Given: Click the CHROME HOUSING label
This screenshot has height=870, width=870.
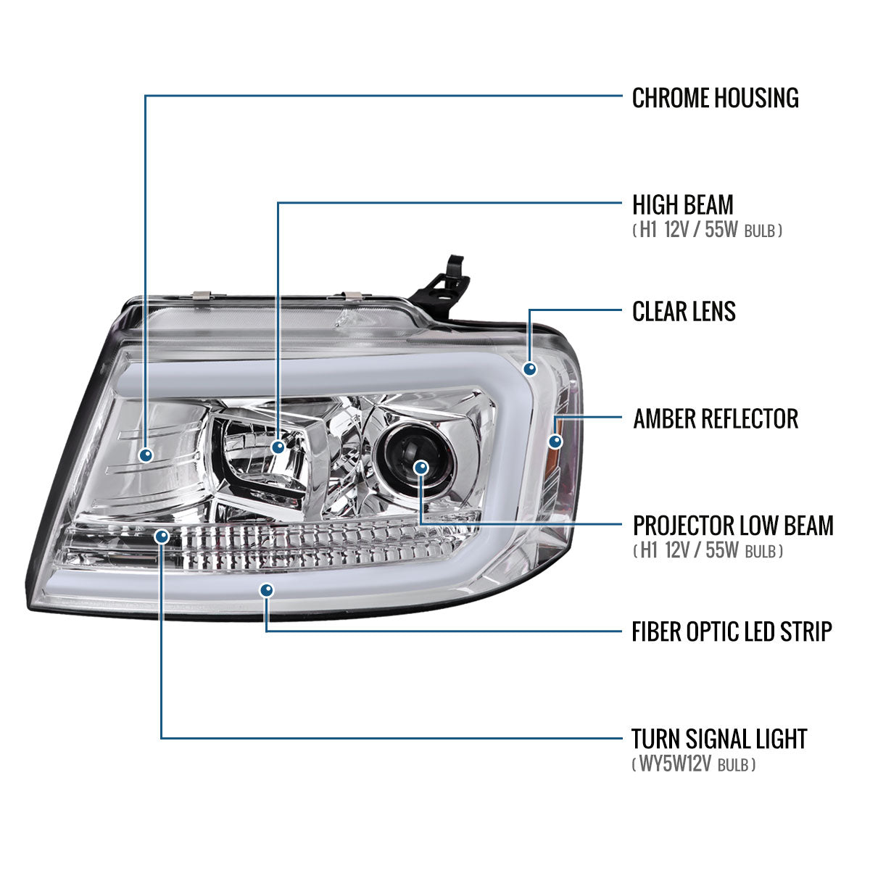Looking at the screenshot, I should coord(715,98).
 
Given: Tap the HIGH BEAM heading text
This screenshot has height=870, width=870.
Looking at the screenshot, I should coord(682,204).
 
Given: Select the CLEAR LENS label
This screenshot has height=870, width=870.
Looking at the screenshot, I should coord(684,311).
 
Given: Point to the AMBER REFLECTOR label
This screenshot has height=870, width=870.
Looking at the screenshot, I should coord(715,418).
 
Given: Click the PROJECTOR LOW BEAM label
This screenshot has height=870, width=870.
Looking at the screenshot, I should coord(732,525).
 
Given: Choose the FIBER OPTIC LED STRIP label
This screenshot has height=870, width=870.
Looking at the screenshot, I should coord(732,631).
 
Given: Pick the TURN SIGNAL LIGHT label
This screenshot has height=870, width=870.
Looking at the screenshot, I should coord(718,739).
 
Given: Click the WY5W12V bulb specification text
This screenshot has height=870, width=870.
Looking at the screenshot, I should coord(694,764).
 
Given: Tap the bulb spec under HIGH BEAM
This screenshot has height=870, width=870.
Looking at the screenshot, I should coord(707,231).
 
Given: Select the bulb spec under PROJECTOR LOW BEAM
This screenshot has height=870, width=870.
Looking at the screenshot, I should coord(708,551).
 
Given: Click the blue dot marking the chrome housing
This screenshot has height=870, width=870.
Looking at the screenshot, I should coord(146,455).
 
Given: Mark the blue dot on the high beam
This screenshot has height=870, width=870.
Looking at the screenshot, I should coord(278,447).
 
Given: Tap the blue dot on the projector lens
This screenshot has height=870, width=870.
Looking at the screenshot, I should coord(421,468).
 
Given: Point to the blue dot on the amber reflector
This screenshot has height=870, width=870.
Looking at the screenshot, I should coord(555,441).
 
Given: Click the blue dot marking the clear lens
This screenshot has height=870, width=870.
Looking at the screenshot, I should coord(531,369).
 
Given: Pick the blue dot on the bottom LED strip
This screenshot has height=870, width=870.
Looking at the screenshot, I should coord(268,590).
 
